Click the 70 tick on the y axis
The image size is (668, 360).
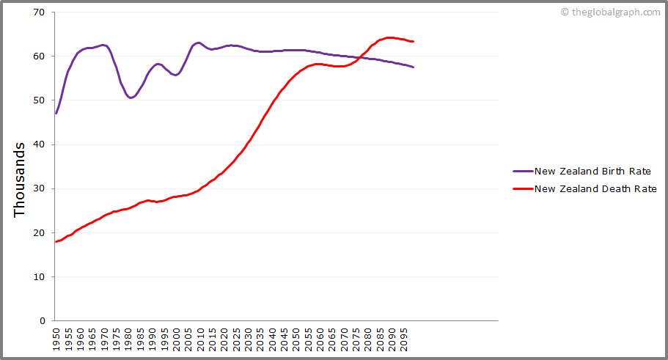(x=39, y=12)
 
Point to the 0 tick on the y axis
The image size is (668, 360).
(x=42, y=321)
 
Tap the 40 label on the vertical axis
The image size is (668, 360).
(x=39, y=144)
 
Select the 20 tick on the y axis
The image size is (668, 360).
(x=39, y=232)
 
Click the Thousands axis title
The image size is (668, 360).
(x=20, y=179)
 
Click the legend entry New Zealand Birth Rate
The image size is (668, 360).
(x=592, y=172)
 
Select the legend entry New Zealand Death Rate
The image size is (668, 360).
(x=594, y=188)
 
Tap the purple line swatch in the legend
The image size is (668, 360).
(x=523, y=172)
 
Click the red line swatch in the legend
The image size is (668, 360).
(x=523, y=188)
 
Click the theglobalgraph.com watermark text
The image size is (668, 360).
(x=614, y=12)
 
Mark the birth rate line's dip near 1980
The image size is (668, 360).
(x=130, y=98)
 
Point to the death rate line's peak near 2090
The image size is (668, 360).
(x=389, y=37)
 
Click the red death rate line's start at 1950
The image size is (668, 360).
(x=56, y=241)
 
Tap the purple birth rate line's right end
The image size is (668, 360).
(x=414, y=67)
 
